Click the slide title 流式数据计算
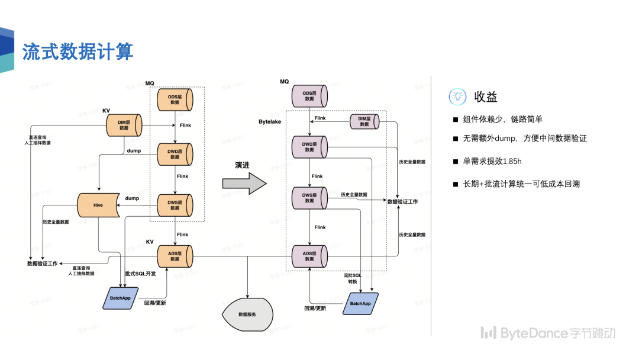(x=78, y=52)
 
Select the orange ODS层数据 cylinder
(x=175, y=99)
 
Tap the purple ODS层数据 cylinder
(x=309, y=95)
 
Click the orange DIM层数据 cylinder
(x=124, y=125)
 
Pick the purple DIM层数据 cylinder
(x=364, y=121)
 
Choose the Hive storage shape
(x=99, y=205)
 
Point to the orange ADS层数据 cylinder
(x=175, y=256)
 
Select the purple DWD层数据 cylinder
(x=309, y=146)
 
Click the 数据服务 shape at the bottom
(x=247, y=314)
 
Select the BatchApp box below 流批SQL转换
(x=360, y=303)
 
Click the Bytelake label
(x=270, y=121)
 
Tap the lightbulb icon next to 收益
(x=457, y=97)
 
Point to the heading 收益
(x=486, y=97)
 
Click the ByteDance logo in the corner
(x=547, y=333)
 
